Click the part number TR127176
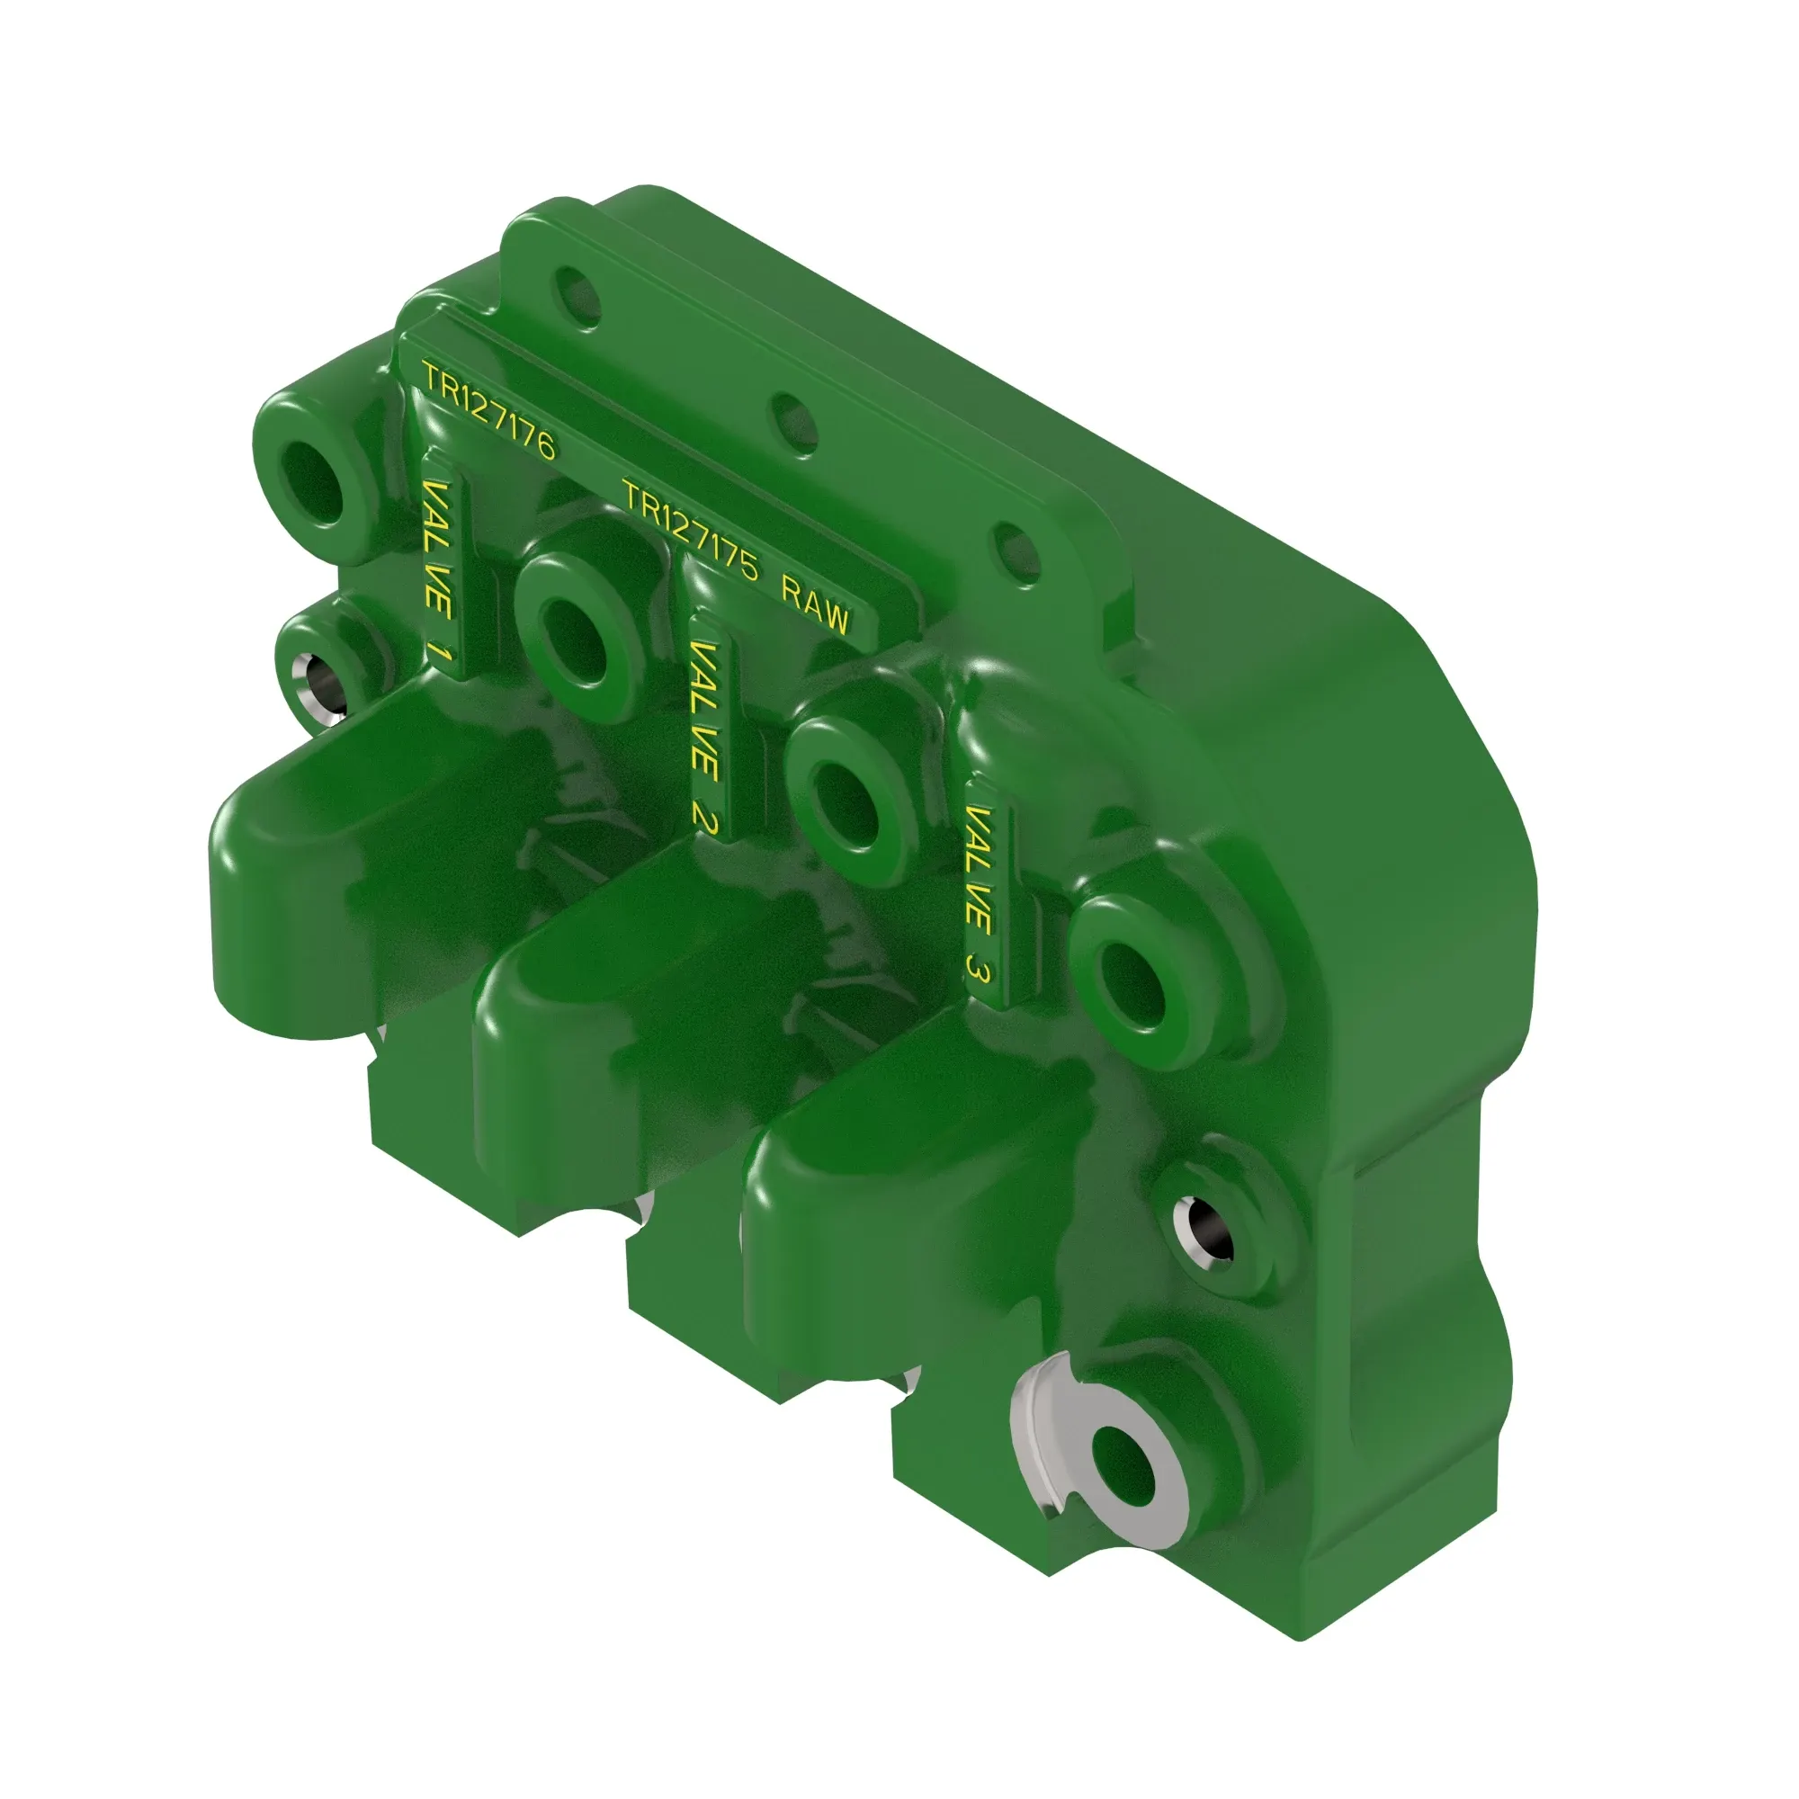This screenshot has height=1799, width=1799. [x=488, y=411]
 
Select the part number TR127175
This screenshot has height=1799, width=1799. [x=691, y=530]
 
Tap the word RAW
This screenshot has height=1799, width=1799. [x=816, y=606]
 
